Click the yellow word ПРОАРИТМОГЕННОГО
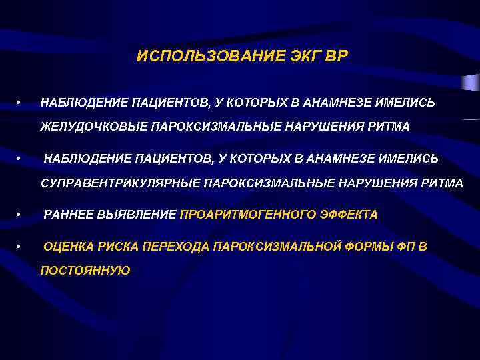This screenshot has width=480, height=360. [x=251, y=215]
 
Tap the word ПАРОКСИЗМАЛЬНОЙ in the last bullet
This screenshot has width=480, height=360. [x=271, y=247]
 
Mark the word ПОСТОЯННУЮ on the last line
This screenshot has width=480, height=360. [x=85, y=270]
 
